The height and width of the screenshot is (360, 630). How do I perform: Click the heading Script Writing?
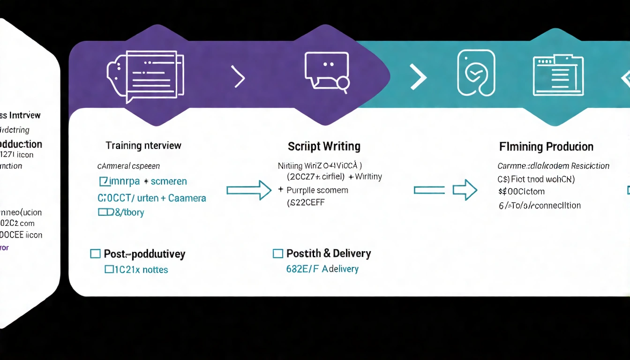324,146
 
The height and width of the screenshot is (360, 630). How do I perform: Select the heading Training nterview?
143,145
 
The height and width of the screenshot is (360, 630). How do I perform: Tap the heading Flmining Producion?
546,147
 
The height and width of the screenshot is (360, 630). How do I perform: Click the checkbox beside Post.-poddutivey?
95,254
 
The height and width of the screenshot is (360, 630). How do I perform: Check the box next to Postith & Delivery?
278,254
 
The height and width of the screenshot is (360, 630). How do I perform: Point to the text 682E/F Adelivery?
322,269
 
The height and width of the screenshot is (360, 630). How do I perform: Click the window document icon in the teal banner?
558,75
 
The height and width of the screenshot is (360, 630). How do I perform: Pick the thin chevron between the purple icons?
239,77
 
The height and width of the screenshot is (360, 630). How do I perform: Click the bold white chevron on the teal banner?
418,76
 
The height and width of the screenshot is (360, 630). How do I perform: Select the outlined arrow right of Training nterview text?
249,190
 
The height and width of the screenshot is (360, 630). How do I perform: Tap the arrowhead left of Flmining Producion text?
465,190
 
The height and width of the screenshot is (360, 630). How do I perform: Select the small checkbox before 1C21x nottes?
109,269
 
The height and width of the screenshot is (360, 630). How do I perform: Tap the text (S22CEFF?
306,203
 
